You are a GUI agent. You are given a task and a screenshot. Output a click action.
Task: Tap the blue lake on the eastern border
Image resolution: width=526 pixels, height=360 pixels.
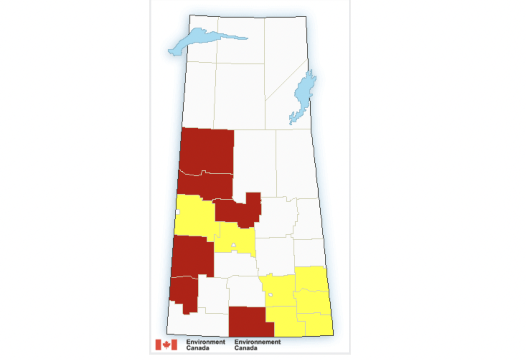click(x=304, y=95)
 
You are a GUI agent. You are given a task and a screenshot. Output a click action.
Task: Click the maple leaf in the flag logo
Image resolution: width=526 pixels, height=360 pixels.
click(x=166, y=345)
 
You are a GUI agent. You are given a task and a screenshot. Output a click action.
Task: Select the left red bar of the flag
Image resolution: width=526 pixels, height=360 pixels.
click(x=158, y=345)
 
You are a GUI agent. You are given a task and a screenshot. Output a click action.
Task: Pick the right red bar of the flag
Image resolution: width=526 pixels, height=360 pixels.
click(x=174, y=345)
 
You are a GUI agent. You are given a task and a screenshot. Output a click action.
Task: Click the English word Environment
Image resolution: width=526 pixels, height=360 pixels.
click(x=206, y=342)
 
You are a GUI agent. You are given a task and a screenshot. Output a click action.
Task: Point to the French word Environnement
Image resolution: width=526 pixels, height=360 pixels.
click(x=257, y=342)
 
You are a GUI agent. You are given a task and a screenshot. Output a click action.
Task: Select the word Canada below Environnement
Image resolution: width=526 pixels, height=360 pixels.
click(x=245, y=348)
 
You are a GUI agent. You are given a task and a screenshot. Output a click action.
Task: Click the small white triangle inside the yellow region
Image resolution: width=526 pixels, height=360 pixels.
click(x=234, y=245)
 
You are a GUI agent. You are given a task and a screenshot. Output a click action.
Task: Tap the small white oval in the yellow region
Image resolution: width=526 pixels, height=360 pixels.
click(x=271, y=295)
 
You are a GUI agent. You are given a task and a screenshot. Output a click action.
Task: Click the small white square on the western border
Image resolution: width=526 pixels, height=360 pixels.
click(x=177, y=212)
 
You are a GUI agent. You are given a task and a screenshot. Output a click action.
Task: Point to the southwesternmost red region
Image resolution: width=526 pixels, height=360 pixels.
click(x=185, y=292)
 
